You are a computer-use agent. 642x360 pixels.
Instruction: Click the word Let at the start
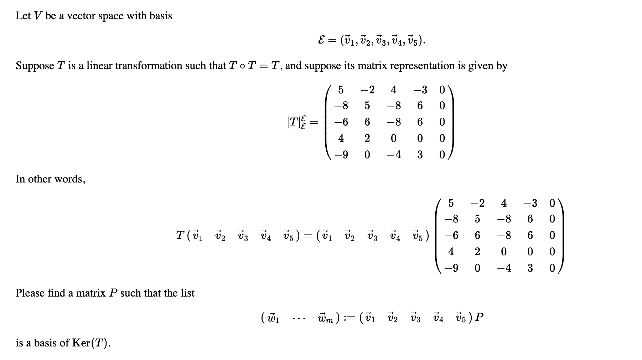(23, 16)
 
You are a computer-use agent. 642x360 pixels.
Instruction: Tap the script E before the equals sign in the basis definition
(321, 41)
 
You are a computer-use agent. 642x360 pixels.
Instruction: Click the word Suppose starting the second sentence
(35, 66)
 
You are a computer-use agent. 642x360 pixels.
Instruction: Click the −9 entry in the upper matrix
(341, 155)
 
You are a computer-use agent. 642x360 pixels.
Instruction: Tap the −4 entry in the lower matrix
(503, 268)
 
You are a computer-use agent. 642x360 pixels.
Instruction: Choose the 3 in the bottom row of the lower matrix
(530, 268)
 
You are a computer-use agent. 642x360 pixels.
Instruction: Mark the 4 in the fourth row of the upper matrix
(341, 138)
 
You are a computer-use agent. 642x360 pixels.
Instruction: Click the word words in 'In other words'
(72, 179)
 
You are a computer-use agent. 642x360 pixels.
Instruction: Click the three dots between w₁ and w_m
(298, 318)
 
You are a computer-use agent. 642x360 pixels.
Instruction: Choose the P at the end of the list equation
(479, 317)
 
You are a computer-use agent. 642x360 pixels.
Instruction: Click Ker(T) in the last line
(89, 343)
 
